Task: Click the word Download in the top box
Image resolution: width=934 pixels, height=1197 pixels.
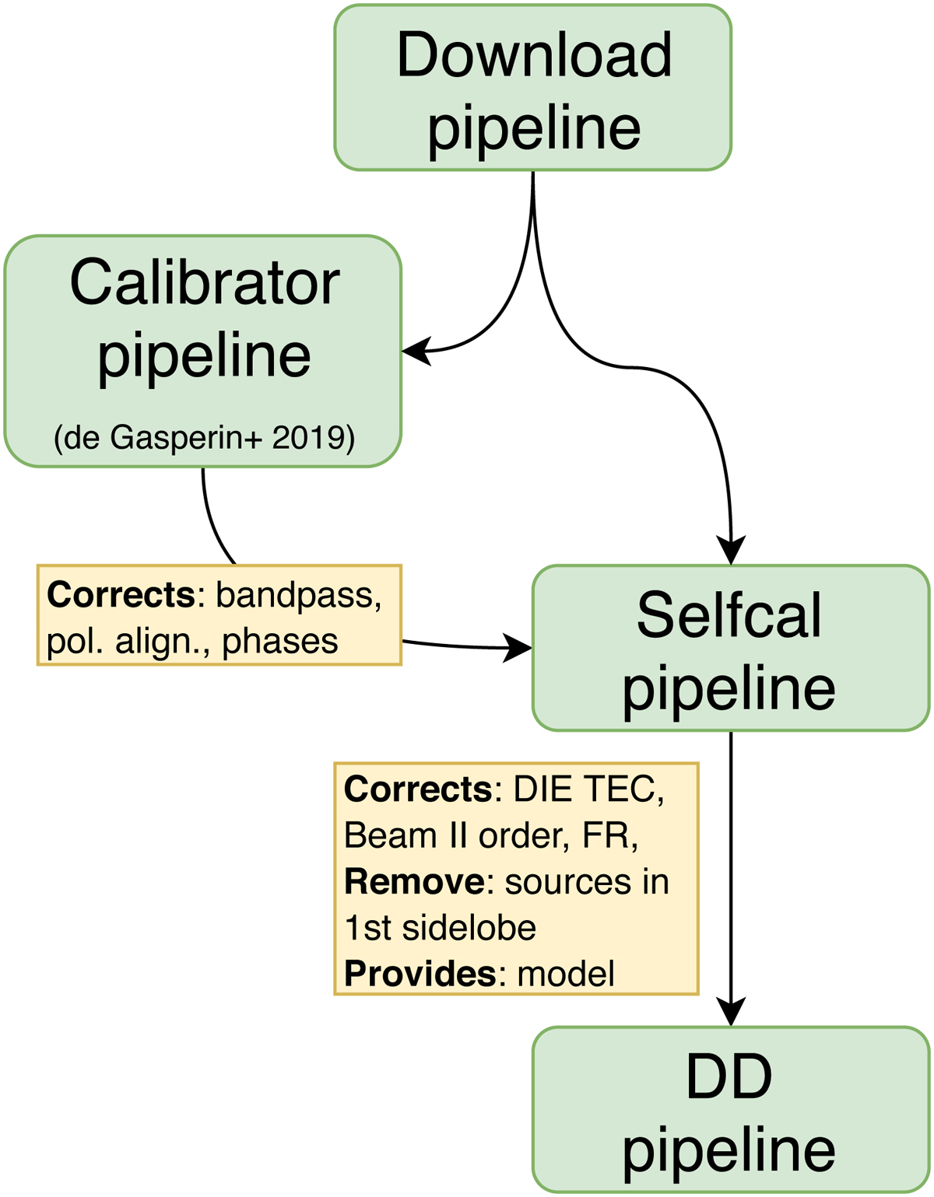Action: [x=534, y=56]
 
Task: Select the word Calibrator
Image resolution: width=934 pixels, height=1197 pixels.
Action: [x=204, y=282]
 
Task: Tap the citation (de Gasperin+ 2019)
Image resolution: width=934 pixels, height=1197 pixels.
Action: [x=204, y=438]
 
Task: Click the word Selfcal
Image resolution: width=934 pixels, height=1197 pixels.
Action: [x=729, y=615]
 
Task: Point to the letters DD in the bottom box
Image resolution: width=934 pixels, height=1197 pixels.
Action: [x=729, y=1077]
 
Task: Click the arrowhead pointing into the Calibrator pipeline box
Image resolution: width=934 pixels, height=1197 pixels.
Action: [x=416, y=352]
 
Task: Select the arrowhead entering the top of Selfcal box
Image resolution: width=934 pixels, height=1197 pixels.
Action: [x=731, y=550]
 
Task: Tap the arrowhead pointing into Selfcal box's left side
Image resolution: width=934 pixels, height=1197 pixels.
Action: [x=517, y=647]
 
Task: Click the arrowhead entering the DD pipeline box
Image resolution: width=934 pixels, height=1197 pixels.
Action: [x=731, y=1012]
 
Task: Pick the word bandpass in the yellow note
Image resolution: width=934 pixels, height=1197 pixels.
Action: [x=299, y=596]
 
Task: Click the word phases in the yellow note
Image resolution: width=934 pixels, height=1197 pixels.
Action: [x=280, y=642]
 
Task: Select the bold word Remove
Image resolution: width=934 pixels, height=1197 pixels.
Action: [x=415, y=882]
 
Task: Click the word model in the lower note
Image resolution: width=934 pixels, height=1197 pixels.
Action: [x=566, y=974]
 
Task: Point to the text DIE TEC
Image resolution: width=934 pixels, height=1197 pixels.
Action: [x=588, y=790]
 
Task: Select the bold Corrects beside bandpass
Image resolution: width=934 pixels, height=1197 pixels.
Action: [x=121, y=596]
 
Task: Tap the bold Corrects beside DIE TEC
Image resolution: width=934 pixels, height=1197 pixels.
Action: [x=418, y=790]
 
